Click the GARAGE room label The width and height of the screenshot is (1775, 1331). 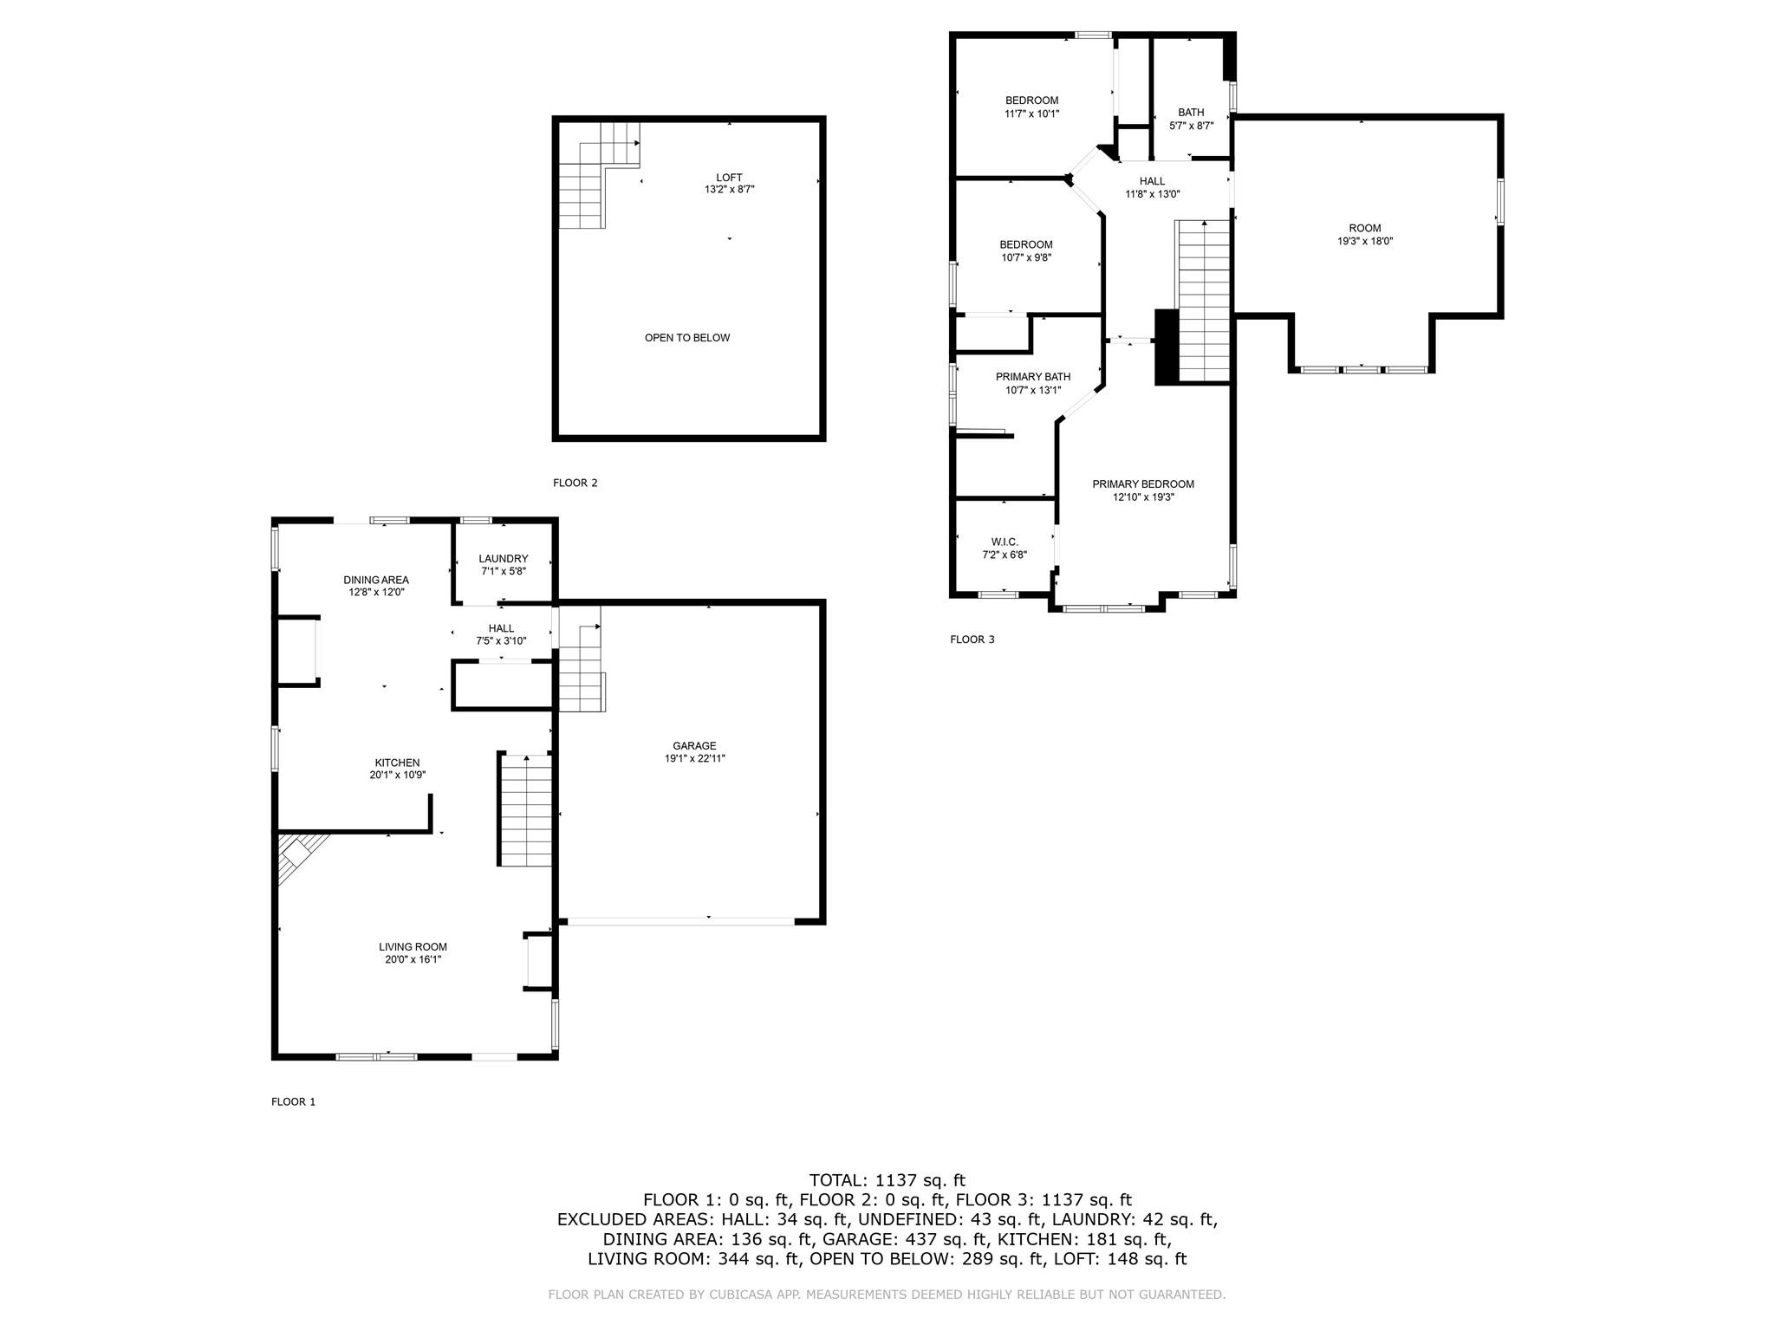(x=694, y=745)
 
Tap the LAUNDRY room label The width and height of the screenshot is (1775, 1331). (x=503, y=559)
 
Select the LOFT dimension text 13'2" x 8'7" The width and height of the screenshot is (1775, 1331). (x=729, y=189)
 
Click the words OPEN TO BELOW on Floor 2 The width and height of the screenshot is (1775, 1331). (x=687, y=338)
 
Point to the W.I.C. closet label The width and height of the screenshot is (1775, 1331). (x=1005, y=542)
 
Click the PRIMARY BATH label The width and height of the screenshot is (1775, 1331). (x=1032, y=377)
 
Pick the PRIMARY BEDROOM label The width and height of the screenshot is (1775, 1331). (x=1142, y=484)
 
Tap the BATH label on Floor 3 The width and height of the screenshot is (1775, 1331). (x=1191, y=113)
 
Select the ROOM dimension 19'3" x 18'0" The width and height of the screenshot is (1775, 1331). (x=1364, y=242)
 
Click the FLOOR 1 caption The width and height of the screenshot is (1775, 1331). (x=293, y=1102)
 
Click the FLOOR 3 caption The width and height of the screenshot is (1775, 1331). (x=972, y=640)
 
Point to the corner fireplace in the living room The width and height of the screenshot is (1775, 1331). (x=296, y=854)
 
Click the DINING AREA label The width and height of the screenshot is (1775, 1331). (x=376, y=580)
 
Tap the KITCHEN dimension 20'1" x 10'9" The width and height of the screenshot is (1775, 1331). (x=397, y=776)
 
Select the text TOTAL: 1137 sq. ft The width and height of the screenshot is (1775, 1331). (x=887, y=1179)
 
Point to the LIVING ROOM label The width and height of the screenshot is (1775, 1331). (x=413, y=947)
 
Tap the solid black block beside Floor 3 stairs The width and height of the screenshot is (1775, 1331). (x=1166, y=347)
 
